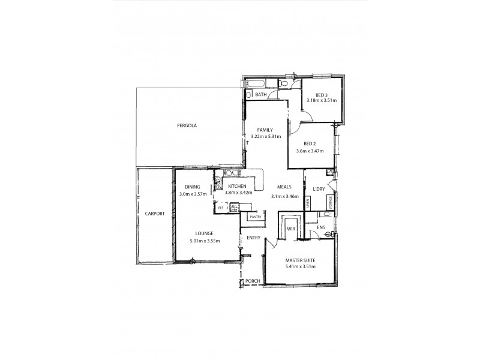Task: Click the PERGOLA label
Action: coord(187,125)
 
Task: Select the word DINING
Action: coord(193,187)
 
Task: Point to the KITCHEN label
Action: coord(236,187)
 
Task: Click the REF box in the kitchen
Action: coord(220,208)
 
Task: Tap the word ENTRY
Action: coord(253,238)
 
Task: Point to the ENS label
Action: coord(321,227)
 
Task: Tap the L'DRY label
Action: coord(319,189)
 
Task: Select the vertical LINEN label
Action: coord(308,203)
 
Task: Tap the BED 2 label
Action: coord(310,143)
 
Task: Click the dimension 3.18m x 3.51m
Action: coord(322,101)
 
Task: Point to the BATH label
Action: coord(261,95)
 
